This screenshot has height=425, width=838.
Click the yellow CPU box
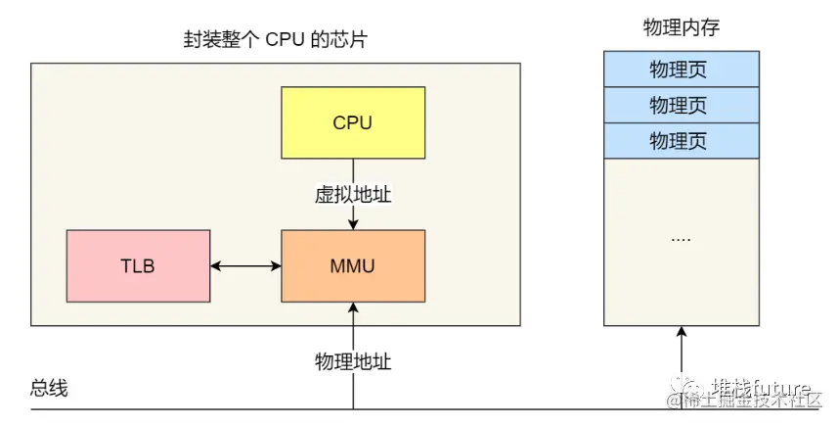click(353, 122)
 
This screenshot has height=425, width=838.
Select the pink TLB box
click(138, 265)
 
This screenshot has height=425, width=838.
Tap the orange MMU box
click(353, 265)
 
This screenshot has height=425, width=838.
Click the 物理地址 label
click(353, 361)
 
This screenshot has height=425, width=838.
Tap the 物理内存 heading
click(681, 27)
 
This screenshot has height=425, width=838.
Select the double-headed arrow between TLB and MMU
click(245, 265)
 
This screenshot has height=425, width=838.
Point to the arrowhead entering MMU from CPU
click(353, 224)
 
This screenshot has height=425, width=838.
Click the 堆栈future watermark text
click(761, 385)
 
